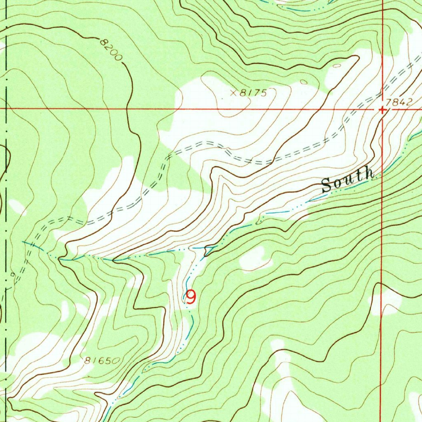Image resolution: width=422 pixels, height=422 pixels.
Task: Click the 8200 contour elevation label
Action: tap(111, 49)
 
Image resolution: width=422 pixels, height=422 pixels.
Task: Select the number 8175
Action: tap(253, 94)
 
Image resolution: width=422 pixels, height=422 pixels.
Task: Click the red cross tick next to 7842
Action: tap(382, 110)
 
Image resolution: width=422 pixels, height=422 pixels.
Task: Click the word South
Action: tap(347, 181)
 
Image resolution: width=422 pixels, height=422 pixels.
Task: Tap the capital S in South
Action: tap(326, 186)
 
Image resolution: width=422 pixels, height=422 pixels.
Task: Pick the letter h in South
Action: tap(368, 174)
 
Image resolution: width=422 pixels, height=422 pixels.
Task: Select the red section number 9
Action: tap(191, 297)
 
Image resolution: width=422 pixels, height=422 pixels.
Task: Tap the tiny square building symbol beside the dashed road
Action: tap(13, 274)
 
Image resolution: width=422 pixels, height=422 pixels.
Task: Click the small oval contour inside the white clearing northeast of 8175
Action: tap(337, 66)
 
